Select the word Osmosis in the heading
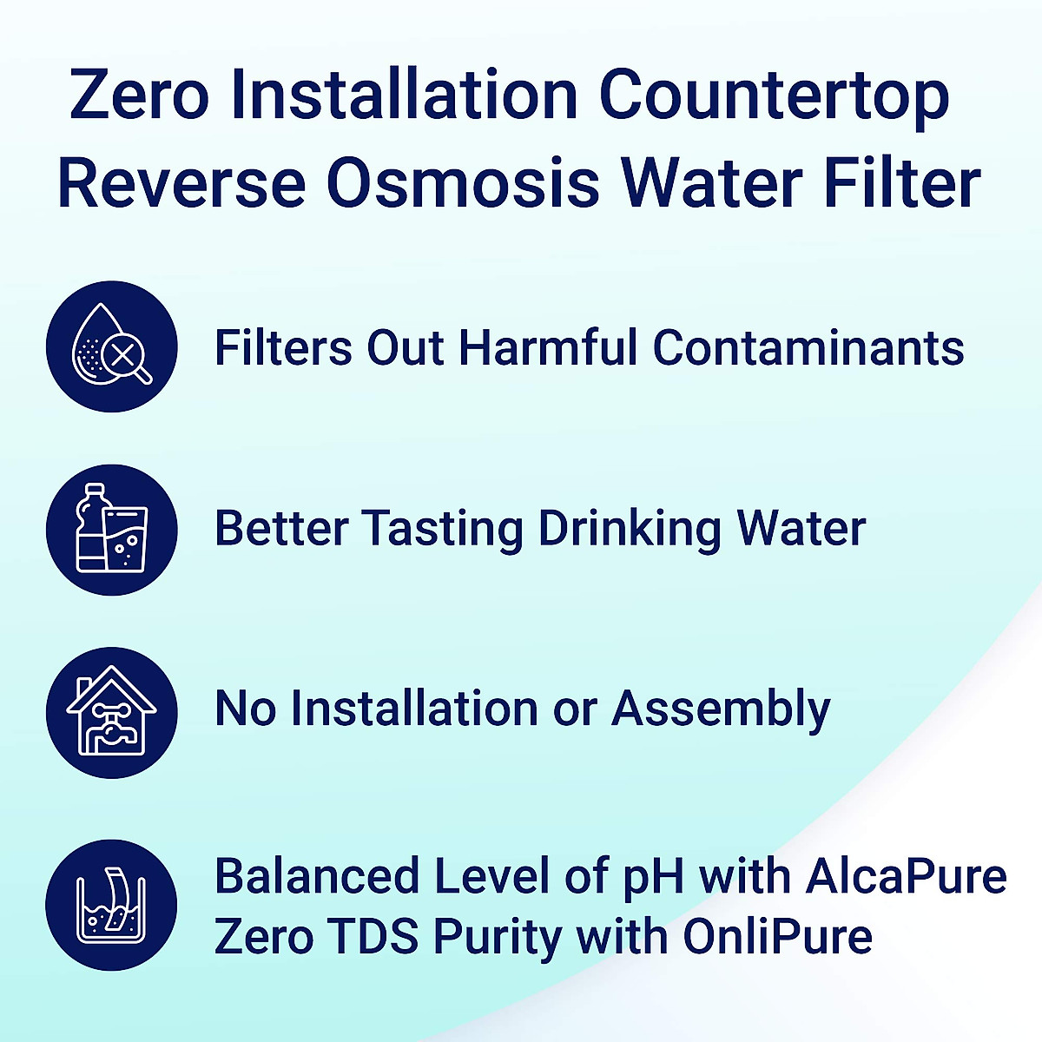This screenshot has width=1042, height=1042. [x=463, y=183]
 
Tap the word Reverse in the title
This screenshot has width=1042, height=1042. [x=181, y=183]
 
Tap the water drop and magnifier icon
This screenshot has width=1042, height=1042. [x=111, y=346]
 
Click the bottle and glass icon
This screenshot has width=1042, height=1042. [x=111, y=530]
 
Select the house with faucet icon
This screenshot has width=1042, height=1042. [x=111, y=712]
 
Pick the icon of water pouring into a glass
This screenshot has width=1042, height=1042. [x=111, y=904]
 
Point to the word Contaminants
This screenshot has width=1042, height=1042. [x=808, y=347]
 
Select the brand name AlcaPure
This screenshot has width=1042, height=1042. [x=906, y=876]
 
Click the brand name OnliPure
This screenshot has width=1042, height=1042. [x=777, y=936]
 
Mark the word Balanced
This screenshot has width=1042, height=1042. [x=318, y=876]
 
